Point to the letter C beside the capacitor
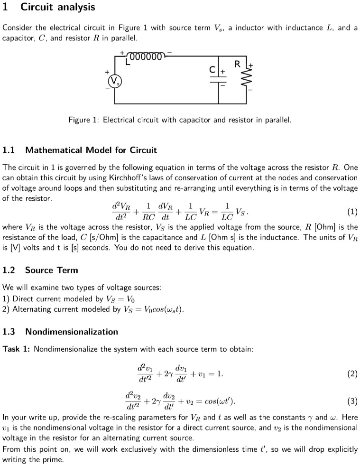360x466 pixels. [213, 69]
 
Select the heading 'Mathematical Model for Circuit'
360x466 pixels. [91, 150]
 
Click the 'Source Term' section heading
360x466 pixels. [51, 270]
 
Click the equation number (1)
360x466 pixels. [352, 212]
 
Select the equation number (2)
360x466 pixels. [352, 374]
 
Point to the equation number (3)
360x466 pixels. [352, 401]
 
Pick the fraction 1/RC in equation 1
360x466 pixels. [149, 212]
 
